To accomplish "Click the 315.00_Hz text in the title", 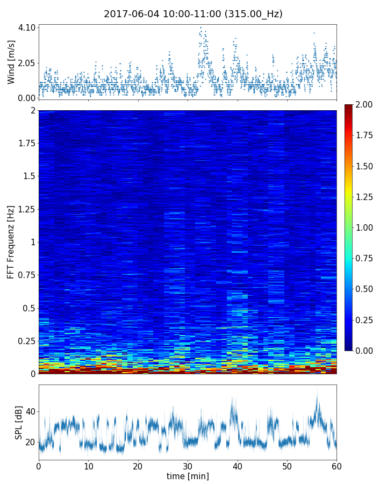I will (x=256, y=14).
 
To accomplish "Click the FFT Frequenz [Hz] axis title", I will (x=11, y=241).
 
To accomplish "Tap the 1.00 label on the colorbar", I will (x=365, y=227).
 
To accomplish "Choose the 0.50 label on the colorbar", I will (x=365, y=289).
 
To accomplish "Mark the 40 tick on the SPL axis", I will (x=30, y=412).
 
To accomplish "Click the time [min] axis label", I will (x=188, y=476).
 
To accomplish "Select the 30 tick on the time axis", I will (x=188, y=465).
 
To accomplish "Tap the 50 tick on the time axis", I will (x=287, y=465).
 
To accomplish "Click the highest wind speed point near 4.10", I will (x=200, y=27).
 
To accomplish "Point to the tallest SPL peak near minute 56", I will (x=317, y=388).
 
